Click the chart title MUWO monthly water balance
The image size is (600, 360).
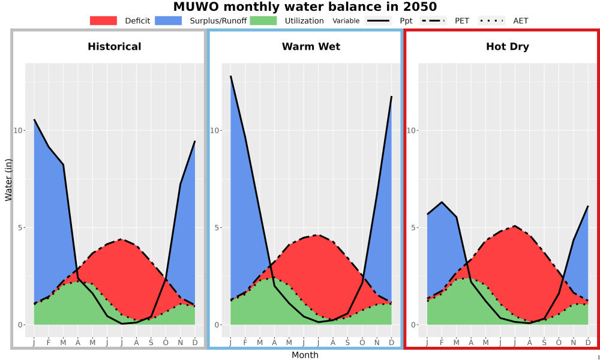pyautogui.click(x=305, y=7)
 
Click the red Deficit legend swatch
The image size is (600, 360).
pyautogui.click(x=103, y=20)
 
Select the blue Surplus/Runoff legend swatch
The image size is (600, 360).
pyautogui.click(x=169, y=20)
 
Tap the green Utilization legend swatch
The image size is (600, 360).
pyautogui.click(x=263, y=20)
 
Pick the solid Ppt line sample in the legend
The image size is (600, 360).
pyautogui.click(x=378, y=20)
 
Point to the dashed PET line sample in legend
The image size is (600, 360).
pyautogui.click(x=433, y=20)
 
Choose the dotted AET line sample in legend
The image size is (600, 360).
pyautogui.click(x=491, y=20)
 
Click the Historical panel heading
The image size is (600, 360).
pyautogui.click(x=115, y=47)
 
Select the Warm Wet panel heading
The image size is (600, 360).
pyautogui.click(x=311, y=47)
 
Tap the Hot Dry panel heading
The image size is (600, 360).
pyautogui.click(x=508, y=47)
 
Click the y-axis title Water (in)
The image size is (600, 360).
pyautogui.click(x=8, y=180)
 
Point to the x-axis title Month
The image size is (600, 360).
pyautogui.click(x=305, y=355)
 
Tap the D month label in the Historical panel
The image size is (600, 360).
pyautogui.click(x=195, y=343)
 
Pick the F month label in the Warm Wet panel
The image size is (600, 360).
pyautogui.click(x=245, y=343)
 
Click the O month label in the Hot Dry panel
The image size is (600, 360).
pyautogui.click(x=559, y=343)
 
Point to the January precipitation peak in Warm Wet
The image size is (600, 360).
pyautogui.click(x=231, y=76)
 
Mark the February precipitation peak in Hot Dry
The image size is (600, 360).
pyautogui.click(x=442, y=202)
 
